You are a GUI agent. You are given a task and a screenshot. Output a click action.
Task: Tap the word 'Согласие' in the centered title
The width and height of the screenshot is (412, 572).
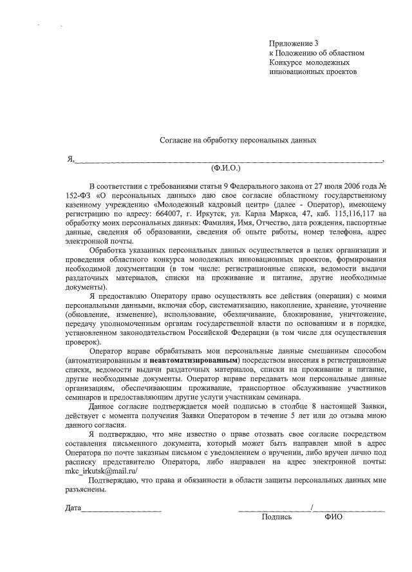(176, 139)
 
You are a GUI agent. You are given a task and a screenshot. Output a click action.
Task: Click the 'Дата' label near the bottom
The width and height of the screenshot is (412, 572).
(73, 508)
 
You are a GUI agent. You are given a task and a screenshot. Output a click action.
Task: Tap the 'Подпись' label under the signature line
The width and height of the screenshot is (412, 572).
(277, 517)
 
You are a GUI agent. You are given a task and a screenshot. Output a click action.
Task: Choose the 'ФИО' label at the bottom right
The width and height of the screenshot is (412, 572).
(333, 517)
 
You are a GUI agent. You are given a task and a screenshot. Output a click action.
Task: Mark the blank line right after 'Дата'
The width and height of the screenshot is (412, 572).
(122, 510)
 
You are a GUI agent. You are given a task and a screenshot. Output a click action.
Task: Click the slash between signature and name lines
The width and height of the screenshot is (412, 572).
(312, 508)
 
